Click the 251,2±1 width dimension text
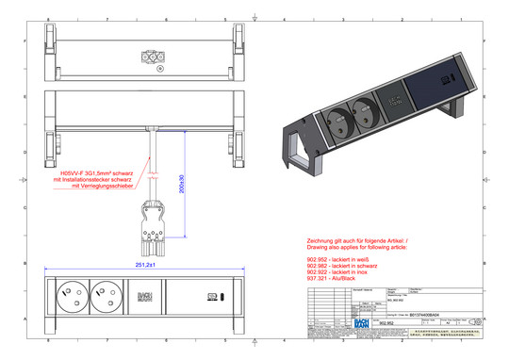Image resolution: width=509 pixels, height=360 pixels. [144, 266]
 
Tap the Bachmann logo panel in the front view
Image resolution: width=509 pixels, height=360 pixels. [144, 300]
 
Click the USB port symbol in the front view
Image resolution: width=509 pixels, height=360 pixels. [212, 300]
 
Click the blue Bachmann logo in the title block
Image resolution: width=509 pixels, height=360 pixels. [359, 322]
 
